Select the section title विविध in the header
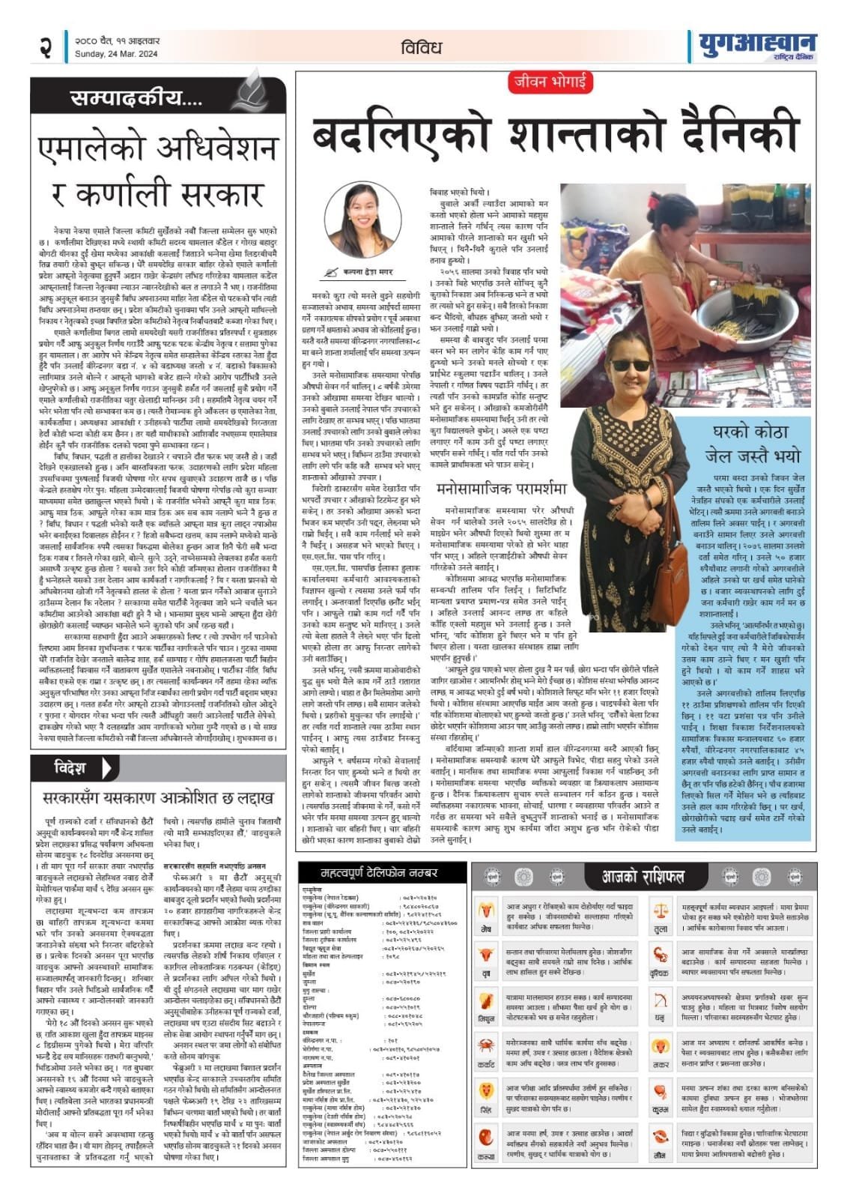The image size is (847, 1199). (x=421, y=46)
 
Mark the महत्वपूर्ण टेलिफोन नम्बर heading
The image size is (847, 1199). (x=378, y=873)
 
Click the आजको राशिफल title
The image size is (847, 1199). (x=643, y=876)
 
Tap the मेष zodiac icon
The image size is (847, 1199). (x=488, y=912)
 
